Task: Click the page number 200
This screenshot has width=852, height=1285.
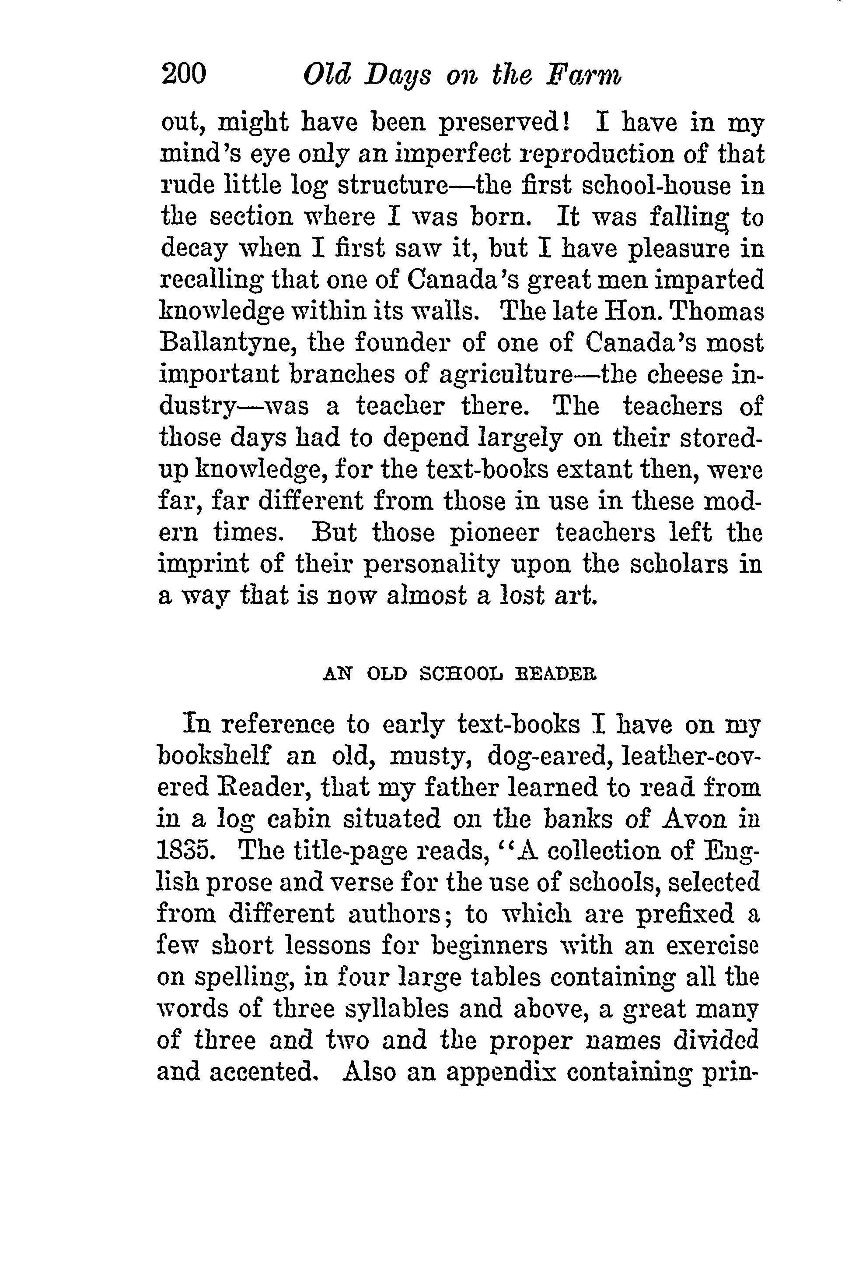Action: [184, 74]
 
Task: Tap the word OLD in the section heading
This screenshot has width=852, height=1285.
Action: [387, 675]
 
